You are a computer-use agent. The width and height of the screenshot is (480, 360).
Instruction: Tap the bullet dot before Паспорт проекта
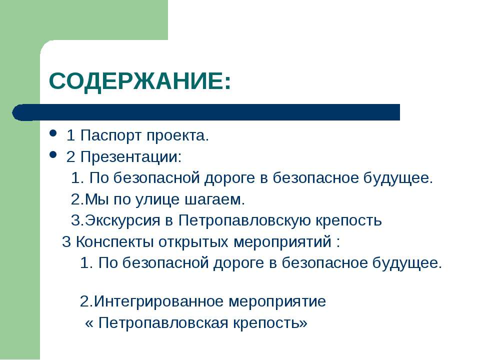[x=53, y=133]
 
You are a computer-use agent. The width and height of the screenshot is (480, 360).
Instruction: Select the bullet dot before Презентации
[x=53, y=154]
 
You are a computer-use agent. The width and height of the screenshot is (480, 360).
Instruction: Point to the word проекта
[x=177, y=135]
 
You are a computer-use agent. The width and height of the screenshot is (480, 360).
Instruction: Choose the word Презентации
[x=131, y=157]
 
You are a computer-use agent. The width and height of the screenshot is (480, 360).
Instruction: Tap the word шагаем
[x=215, y=199]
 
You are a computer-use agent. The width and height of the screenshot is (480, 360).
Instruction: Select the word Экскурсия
[x=122, y=220]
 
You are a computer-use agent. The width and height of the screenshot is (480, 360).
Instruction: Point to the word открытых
[x=194, y=242]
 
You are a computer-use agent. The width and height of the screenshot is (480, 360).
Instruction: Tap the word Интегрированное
[x=159, y=301]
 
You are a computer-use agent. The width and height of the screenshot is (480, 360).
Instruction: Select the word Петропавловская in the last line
[x=163, y=323]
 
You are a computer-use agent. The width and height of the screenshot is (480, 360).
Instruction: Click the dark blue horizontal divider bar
[x=206, y=112]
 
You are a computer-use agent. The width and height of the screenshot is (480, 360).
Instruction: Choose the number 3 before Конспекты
[x=66, y=242]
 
